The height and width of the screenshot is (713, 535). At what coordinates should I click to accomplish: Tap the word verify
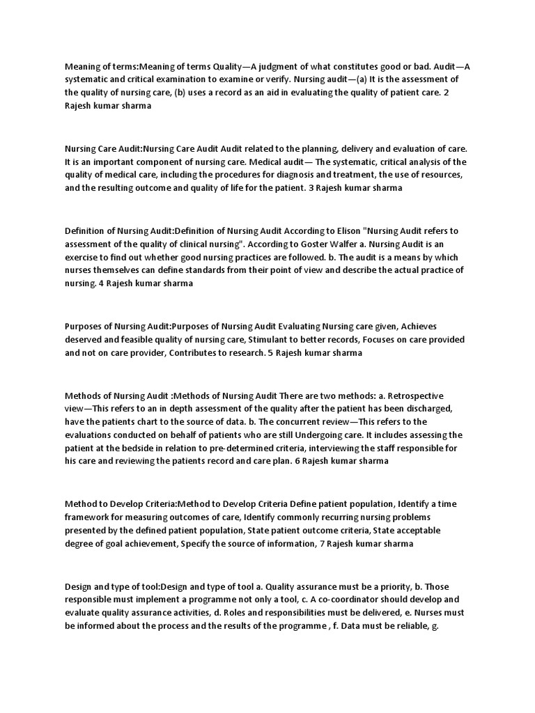273,79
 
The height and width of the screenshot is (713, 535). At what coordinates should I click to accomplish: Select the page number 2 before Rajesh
456,93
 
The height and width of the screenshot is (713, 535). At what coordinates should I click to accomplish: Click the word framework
90,517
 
